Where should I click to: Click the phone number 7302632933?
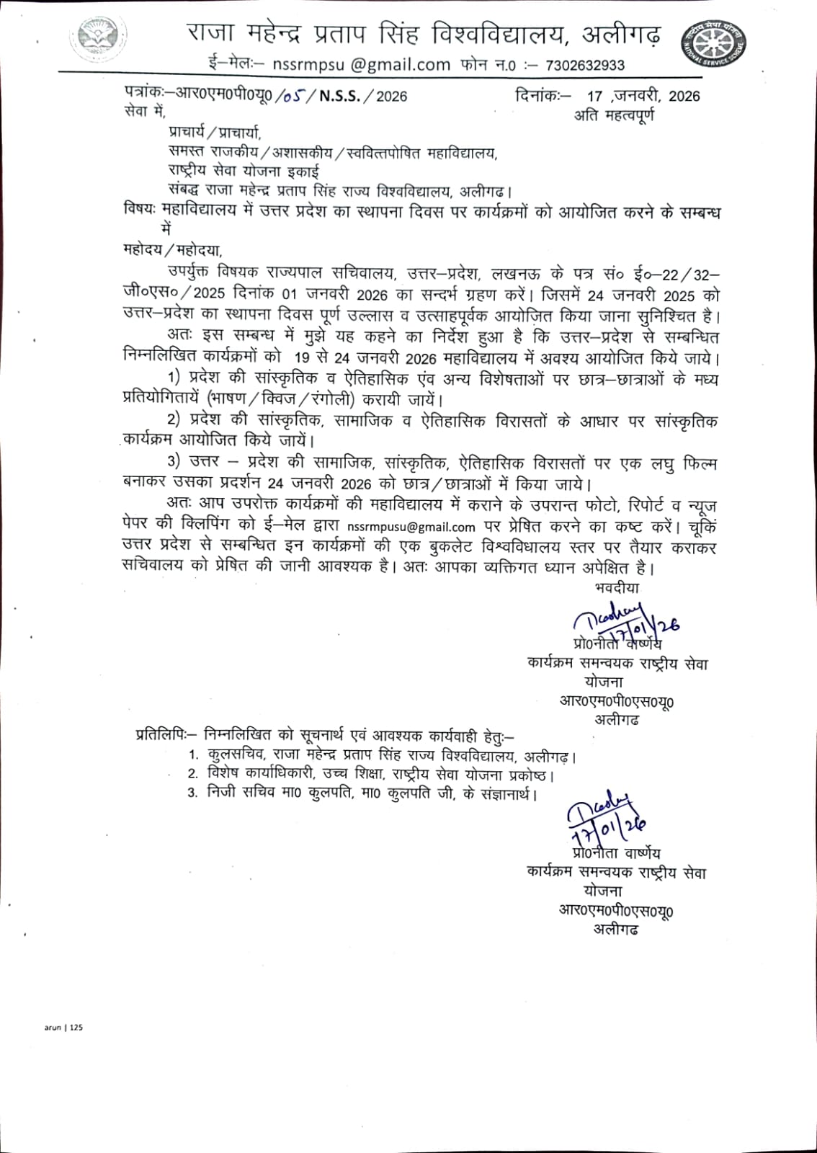pos(585,66)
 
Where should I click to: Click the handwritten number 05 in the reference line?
pos(293,96)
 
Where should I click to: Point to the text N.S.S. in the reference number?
pos(340,96)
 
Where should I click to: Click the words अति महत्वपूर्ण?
pos(615,115)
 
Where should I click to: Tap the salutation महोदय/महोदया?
pos(173,250)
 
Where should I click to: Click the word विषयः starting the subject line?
pos(140,212)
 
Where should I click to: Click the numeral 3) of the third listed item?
pos(173,462)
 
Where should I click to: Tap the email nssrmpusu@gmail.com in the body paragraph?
pos(411,527)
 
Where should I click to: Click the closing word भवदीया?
pos(617,587)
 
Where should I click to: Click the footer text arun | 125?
pos(63,1028)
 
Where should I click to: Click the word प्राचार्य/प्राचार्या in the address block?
pos(215,132)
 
